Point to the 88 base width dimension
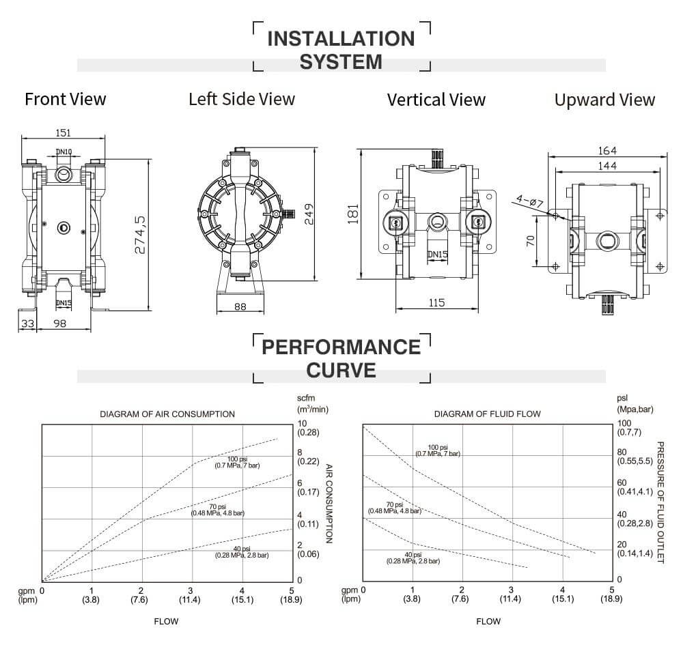(240, 307)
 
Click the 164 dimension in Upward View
(607, 150)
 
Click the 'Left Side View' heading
(242, 99)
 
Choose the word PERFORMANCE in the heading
(341, 347)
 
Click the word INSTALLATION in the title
(341, 38)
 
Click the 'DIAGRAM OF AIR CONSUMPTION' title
(167, 414)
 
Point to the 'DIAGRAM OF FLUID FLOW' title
(488, 414)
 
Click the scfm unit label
(305, 397)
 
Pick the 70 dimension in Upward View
(529, 242)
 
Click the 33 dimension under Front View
(27, 323)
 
